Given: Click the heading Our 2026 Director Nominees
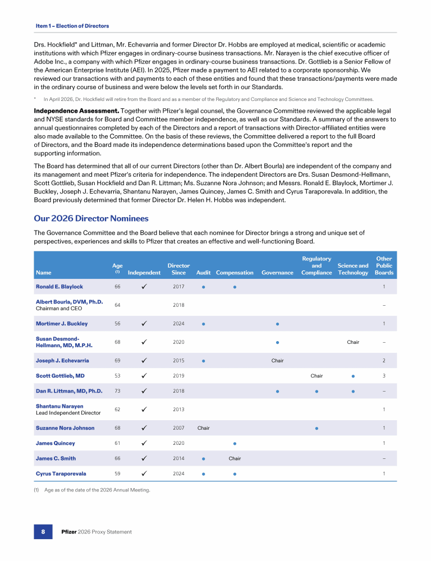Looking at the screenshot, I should (x=91, y=218).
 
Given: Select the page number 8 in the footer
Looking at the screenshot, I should (x=43, y=531).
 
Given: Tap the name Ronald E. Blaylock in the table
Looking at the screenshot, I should (x=59, y=287).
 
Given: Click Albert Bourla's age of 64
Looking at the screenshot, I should (x=117, y=305).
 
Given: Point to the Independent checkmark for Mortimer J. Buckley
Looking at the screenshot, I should (x=144, y=324).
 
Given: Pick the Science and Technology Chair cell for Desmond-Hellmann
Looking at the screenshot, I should (x=353, y=342).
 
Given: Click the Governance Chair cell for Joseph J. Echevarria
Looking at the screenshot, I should (x=277, y=361).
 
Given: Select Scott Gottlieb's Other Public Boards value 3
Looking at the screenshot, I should (x=384, y=376).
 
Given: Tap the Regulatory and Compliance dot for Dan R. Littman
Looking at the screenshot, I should (x=317, y=391).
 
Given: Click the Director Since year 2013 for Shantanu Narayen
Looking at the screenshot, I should (x=178, y=410).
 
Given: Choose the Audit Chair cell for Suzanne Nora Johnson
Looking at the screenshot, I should (x=203, y=428).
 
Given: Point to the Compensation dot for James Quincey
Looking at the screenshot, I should (x=235, y=443).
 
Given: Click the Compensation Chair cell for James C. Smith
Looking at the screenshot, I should (x=235, y=458).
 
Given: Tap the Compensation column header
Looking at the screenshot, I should (x=235, y=273).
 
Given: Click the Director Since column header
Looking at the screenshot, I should (x=178, y=269).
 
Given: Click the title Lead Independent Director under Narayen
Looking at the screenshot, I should (x=68, y=413).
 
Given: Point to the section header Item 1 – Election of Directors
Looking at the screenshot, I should (x=72, y=26).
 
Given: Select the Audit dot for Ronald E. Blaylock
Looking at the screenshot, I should (x=203, y=287).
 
